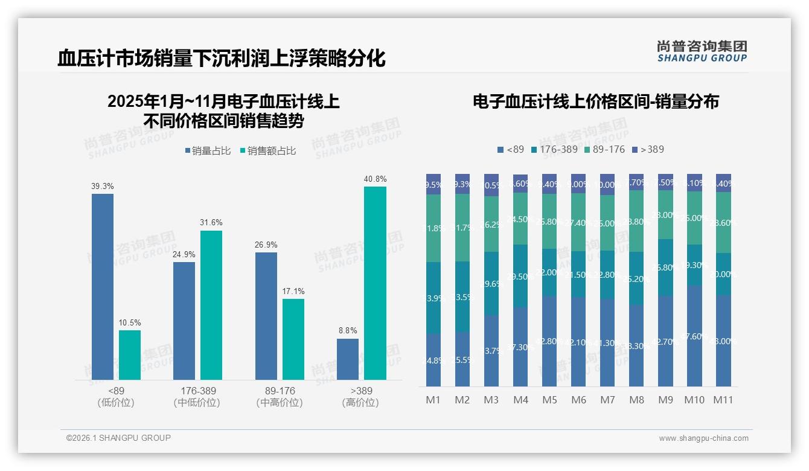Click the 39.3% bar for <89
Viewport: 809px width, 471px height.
pos(103,287)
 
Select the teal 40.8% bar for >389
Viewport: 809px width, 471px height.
pos(375,283)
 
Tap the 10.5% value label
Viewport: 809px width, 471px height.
pos(130,323)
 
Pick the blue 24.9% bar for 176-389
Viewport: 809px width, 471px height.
pos(184,321)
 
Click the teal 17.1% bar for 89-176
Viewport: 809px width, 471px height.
pos(293,339)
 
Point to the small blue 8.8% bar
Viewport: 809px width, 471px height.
pos(348,359)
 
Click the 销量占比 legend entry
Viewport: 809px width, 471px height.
pos(207,151)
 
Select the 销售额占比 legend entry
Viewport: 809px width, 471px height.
pos(267,151)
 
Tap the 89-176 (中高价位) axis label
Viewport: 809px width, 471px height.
pos(280,397)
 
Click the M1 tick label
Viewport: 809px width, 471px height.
pos(433,400)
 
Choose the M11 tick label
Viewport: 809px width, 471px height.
pos(723,400)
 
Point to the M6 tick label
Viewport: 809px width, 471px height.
pos(578,400)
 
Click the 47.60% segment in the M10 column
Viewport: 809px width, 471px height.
pos(694,336)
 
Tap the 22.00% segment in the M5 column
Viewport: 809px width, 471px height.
pos(549,272)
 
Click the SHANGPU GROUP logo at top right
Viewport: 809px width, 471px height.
pos(702,51)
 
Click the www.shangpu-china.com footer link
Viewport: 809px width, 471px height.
pos(703,438)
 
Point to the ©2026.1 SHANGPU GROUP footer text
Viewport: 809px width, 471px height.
pos(118,438)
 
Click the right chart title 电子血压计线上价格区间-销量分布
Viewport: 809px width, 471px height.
pos(595,101)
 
